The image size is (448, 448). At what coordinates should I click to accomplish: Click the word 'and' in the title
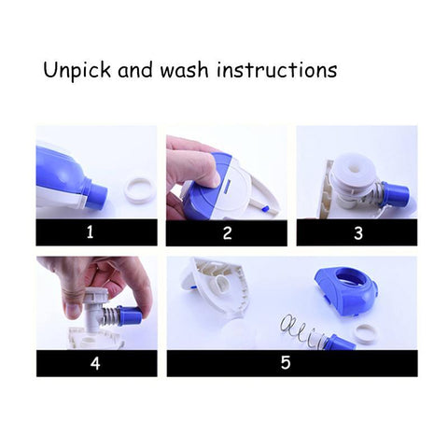click(x=135, y=71)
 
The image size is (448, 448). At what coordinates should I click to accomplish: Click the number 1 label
click(x=90, y=233)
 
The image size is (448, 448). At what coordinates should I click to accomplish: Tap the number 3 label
click(x=357, y=233)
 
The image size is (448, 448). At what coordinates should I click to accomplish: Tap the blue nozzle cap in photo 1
click(x=93, y=190)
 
